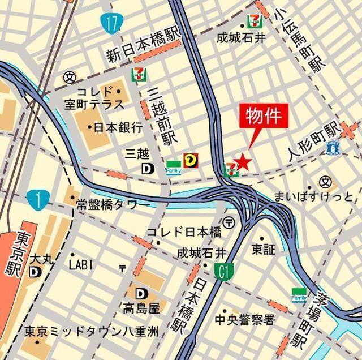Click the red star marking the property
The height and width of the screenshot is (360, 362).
(x=243, y=162)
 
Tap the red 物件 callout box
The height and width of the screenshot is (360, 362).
(x=262, y=116)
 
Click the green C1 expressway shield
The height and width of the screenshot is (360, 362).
(x=224, y=272)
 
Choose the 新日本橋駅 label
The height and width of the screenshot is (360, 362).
(x=143, y=46)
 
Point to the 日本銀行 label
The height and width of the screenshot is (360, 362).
(x=118, y=127)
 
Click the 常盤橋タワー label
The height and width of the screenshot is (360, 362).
(x=112, y=204)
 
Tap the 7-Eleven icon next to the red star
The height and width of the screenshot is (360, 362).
(x=230, y=169)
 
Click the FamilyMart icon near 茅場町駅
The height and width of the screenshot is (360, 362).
(x=299, y=294)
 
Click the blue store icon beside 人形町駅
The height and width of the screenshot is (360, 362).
(x=333, y=148)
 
